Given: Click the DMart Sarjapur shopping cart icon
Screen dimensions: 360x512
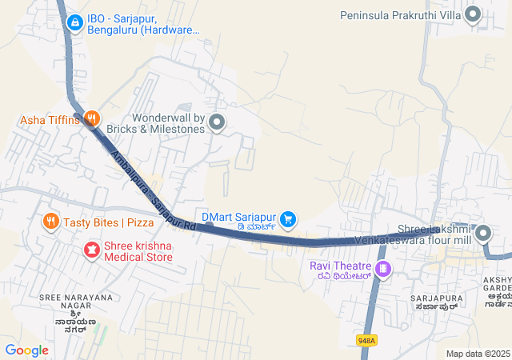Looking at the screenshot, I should (289, 218).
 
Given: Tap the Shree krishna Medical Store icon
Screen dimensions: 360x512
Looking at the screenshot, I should (92, 251).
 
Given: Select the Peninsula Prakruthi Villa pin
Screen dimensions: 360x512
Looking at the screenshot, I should (473, 14).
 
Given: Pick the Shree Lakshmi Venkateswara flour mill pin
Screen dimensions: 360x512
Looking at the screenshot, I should (483, 234).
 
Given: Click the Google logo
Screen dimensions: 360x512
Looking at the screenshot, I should (26, 350).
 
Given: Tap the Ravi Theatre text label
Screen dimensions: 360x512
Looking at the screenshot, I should (340, 266).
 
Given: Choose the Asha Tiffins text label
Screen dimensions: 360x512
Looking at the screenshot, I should (50, 120).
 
